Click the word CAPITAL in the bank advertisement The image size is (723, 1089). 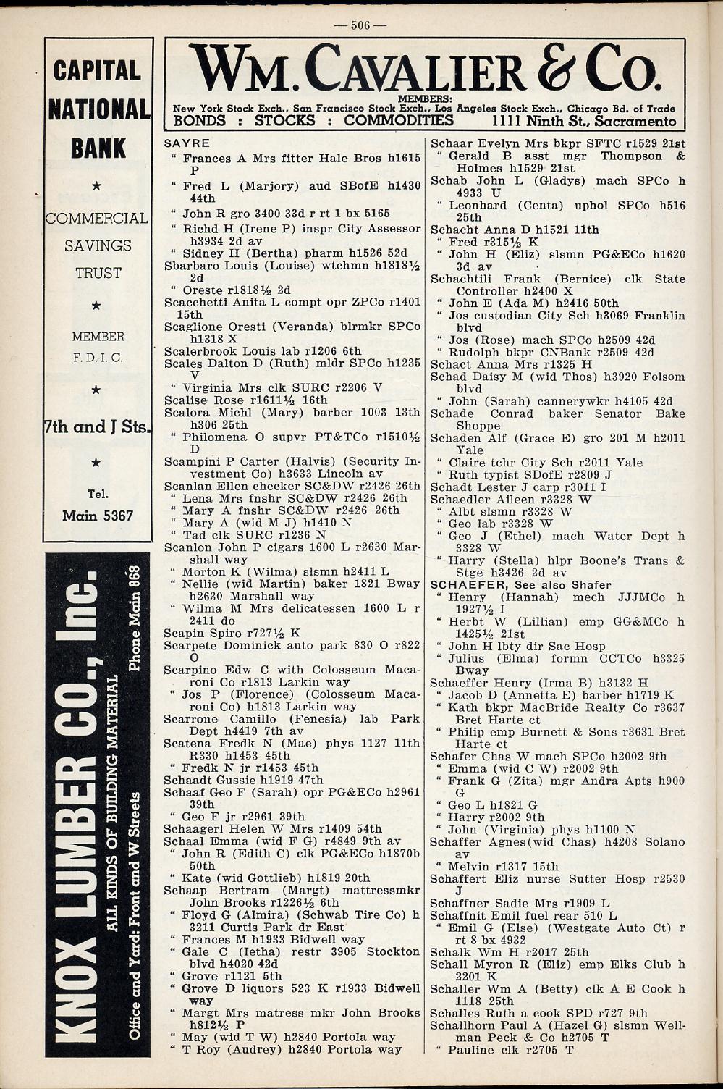click(x=97, y=70)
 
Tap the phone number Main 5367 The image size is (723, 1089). click(x=98, y=516)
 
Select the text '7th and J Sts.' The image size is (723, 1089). click(x=98, y=426)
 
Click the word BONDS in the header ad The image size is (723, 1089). click(x=200, y=121)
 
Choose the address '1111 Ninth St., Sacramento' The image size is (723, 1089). click(x=583, y=121)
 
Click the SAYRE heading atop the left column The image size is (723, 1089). click(x=187, y=143)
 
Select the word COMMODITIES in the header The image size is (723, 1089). click(x=399, y=121)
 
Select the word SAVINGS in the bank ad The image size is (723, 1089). click(x=98, y=245)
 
